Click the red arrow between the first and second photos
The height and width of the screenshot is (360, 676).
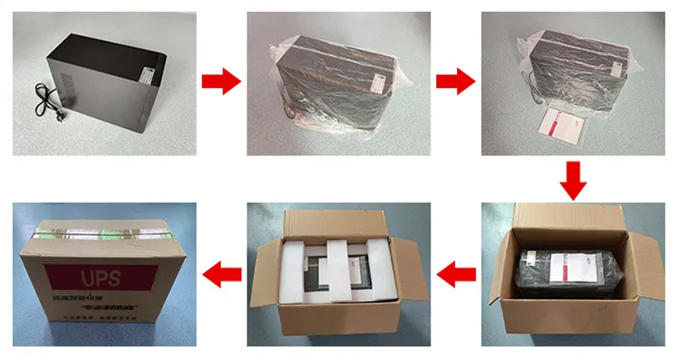(221, 82)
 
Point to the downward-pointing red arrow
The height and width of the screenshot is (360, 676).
(573, 180)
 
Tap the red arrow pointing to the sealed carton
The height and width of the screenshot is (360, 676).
(221, 274)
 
